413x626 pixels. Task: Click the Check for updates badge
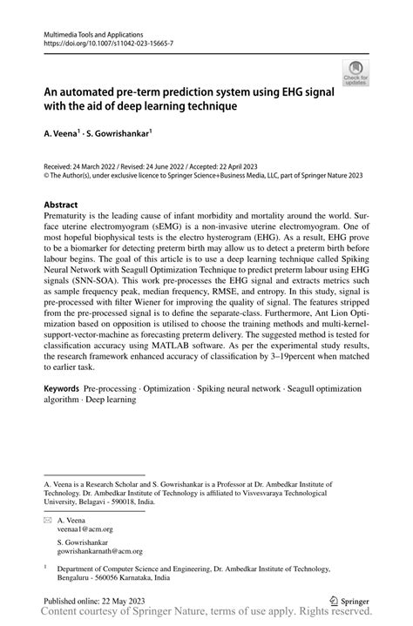[x=355, y=73]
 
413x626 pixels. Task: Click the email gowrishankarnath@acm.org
[x=100, y=551]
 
